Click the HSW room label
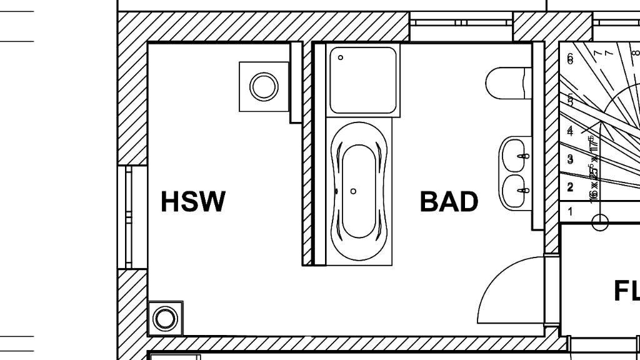[192, 201]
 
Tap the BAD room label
[449, 201]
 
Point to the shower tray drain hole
[341, 57]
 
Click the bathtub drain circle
[354, 191]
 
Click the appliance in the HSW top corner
[264, 86]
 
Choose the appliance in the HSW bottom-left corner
[165, 318]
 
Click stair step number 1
[570, 212]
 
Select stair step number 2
[570, 187]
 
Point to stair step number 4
[570, 131]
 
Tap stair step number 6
[570, 59]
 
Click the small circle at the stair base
[600, 222]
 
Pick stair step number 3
[570, 159]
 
